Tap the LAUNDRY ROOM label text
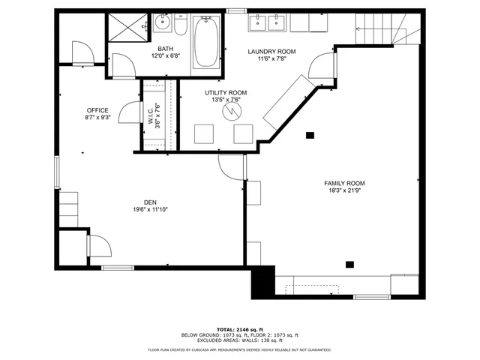[272, 52]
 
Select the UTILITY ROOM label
[226, 93]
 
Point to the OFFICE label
[97, 110]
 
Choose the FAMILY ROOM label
[344, 183]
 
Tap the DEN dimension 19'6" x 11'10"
[151, 209]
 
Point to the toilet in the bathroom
[181, 26]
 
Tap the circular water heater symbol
[231, 111]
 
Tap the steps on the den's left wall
[69, 204]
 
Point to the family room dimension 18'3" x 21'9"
[344, 191]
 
